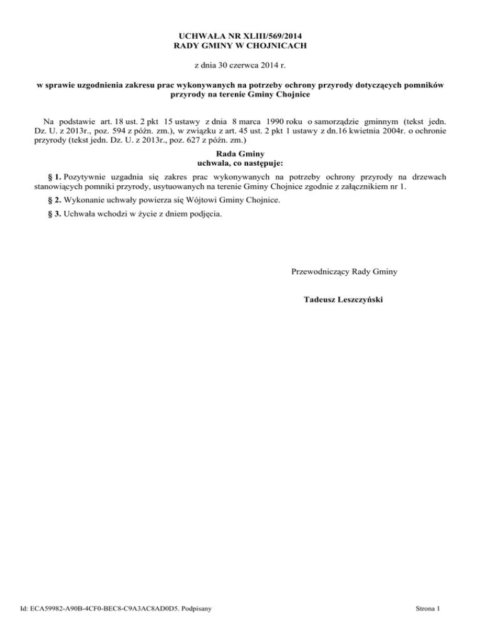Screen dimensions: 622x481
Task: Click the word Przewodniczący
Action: click(320, 272)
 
